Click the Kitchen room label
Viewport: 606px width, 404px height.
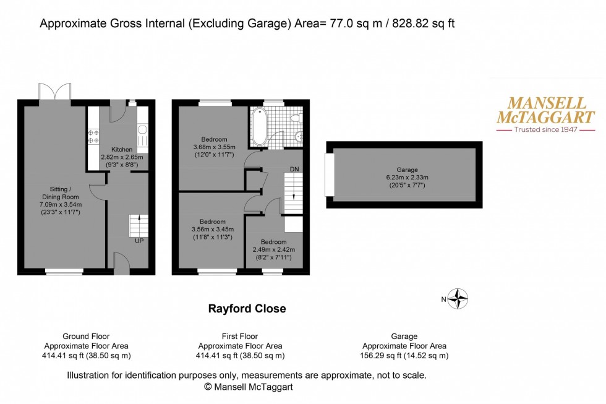(121, 150)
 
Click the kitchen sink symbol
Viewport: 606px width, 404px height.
(142, 130)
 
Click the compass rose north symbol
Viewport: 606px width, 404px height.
(458, 299)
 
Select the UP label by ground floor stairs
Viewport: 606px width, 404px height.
(139, 241)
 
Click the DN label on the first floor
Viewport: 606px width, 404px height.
(295, 168)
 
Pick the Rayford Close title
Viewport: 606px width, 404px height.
(246, 309)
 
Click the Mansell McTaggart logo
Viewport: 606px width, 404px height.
(546, 114)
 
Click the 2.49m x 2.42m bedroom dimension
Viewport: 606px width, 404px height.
(273, 249)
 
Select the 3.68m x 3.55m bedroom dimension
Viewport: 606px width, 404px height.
(214, 147)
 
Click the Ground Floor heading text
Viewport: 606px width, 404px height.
(86, 336)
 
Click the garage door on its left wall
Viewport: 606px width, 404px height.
(330, 175)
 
